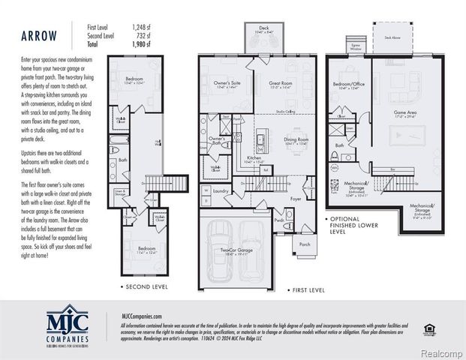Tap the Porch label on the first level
pos(304,244)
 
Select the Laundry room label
pos(220,190)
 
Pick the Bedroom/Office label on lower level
pos(348,85)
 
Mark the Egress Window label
pos(356,46)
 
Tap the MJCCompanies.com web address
pos(141,317)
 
